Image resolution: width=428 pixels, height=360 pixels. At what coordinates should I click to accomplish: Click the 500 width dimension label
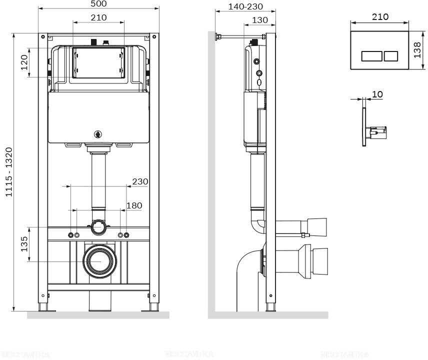[98, 4]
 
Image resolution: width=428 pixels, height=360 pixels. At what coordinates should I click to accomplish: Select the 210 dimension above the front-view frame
[98, 17]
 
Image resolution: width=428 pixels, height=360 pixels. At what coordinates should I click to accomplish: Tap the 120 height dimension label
[24, 62]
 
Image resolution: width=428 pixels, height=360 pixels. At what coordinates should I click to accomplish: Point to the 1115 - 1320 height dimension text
[8, 171]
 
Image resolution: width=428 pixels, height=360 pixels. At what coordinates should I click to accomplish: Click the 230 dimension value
[140, 181]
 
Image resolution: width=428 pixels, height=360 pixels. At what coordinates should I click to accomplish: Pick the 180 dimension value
[133, 205]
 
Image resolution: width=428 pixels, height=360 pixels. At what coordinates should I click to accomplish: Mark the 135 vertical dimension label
[24, 244]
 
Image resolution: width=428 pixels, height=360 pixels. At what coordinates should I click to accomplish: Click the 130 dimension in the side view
[260, 20]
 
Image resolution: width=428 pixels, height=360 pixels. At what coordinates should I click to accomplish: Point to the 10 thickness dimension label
[377, 94]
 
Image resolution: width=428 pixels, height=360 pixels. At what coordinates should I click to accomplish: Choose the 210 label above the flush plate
[380, 16]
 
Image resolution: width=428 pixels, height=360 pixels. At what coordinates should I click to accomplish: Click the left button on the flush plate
[371, 55]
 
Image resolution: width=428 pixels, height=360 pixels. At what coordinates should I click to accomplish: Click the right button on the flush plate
[390, 55]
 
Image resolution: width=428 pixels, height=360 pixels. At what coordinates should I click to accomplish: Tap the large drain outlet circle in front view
[99, 261]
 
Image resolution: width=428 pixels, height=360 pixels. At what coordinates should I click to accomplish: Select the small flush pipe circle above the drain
[99, 228]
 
